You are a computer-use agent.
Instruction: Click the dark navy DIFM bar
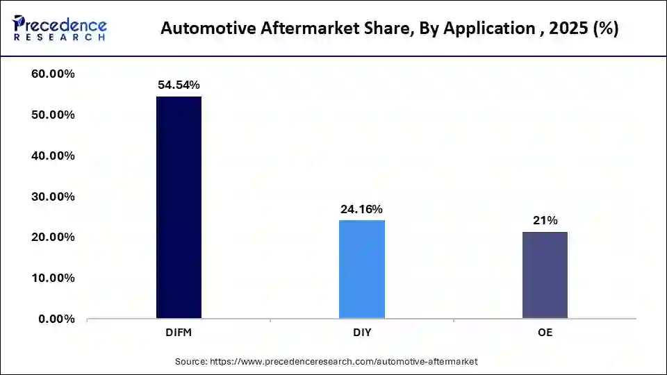pyautogui.click(x=179, y=207)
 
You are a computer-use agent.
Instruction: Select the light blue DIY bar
pyautogui.click(x=362, y=269)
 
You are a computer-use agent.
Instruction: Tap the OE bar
pyautogui.click(x=545, y=275)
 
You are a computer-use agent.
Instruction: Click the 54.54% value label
pyautogui.click(x=179, y=85)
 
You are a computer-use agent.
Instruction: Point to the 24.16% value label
pyautogui.click(x=361, y=208)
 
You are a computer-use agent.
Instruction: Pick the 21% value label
pyautogui.click(x=545, y=220)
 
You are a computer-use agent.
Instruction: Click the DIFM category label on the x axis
pyautogui.click(x=179, y=333)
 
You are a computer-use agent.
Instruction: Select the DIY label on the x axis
pyautogui.click(x=362, y=333)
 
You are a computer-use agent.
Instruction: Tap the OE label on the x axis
pyautogui.click(x=545, y=333)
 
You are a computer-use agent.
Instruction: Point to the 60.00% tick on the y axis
pyautogui.click(x=53, y=74)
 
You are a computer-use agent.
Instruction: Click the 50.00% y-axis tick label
pyautogui.click(x=53, y=115)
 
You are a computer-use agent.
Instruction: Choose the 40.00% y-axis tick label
pyautogui.click(x=53, y=156)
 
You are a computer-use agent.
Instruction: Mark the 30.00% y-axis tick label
pyautogui.click(x=53, y=197)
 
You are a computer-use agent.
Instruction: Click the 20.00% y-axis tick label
pyautogui.click(x=53, y=237)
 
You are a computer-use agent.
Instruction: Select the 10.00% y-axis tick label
pyautogui.click(x=53, y=278)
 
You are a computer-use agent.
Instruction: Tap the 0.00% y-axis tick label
pyautogui.click(x=57, y=319)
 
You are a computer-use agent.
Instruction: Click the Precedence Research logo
pyautogui.click(x=60, y=29)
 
